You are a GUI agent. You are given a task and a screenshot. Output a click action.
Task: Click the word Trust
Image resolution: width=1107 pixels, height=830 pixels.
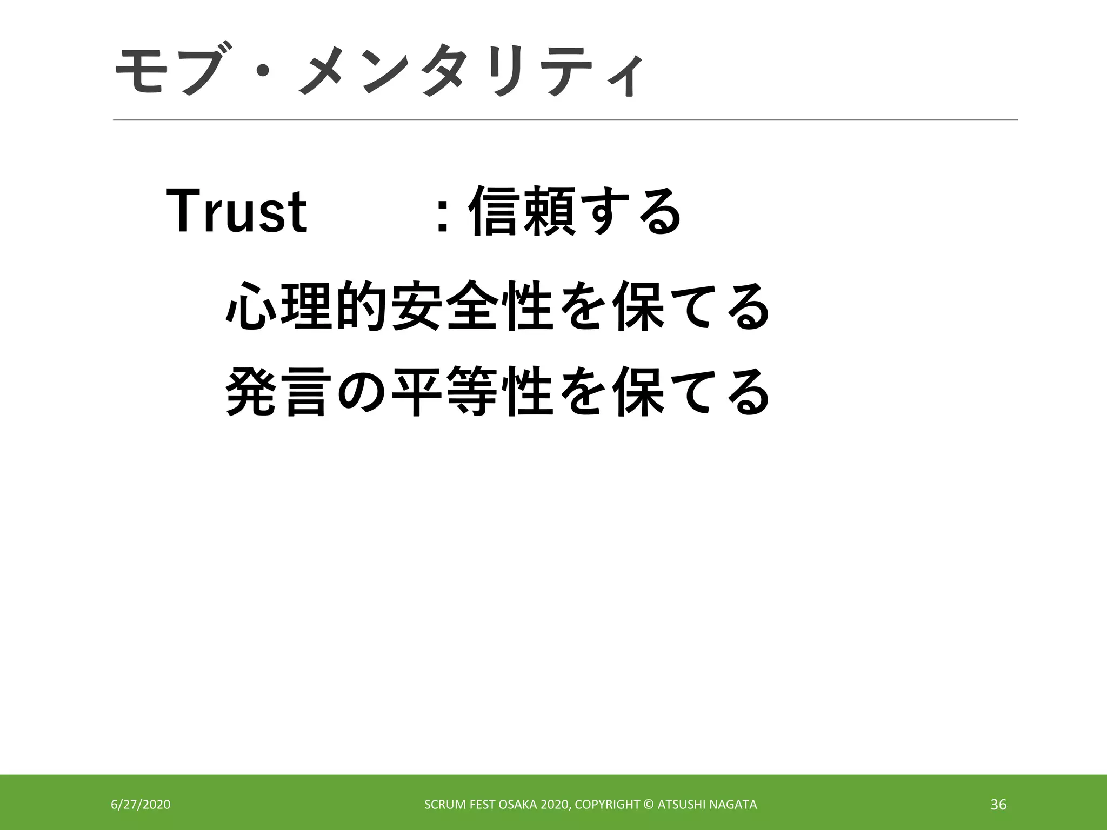(237, 211)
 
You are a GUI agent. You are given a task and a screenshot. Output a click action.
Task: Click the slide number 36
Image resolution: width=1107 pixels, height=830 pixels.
(998, 805)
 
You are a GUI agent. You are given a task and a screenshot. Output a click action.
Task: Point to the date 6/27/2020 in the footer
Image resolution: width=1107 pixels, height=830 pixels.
(141, 805)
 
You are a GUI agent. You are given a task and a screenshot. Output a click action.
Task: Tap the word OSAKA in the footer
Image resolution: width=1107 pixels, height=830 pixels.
(518, 805)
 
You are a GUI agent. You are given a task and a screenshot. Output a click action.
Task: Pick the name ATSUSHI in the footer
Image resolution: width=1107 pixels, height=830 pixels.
(682, 805)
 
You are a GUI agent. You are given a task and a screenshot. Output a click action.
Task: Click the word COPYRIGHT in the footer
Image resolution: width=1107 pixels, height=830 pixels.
(608, 805)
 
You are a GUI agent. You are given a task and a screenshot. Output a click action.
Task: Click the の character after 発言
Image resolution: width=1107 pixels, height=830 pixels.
(361, 392)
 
